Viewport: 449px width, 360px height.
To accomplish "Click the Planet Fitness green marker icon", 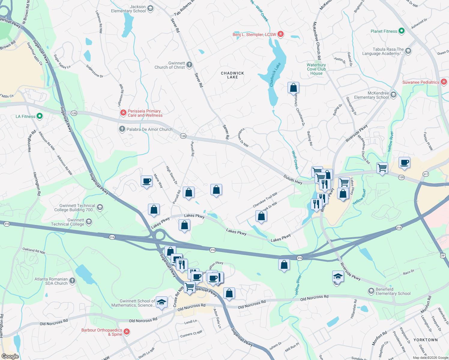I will coord(402,31).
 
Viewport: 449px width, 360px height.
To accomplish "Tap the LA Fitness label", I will coord(26,116).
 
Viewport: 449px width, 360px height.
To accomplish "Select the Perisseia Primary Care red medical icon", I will coord(123,113).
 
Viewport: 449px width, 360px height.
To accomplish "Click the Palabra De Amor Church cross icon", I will coord(122,129).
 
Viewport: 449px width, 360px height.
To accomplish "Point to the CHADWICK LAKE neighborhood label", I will coord(232,75).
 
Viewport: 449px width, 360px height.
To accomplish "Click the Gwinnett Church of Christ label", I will coord(170,65).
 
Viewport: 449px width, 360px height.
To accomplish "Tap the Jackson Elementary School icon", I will coord(150,8).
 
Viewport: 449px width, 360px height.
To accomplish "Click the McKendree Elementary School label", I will coord(371,95).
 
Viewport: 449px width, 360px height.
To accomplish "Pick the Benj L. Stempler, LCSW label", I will coord(254,34).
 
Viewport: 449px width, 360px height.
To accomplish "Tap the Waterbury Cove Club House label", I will coord(316,69).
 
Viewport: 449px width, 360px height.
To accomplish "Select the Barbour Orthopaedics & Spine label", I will coord(102,332).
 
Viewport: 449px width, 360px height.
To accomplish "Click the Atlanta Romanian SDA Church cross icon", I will coord(72,281).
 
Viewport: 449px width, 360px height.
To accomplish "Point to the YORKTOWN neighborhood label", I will coord(425,340).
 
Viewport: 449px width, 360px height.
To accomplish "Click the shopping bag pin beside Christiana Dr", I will coord(293,88).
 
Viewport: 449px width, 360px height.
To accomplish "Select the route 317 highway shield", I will coord(425,174).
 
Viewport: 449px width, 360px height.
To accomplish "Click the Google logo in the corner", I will coord(10,356).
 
